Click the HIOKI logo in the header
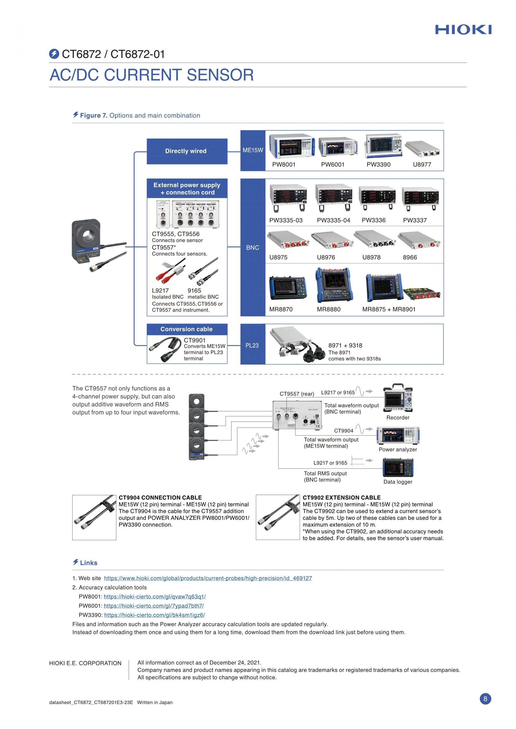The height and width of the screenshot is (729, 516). [463, 30]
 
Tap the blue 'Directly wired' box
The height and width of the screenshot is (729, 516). [187, 151]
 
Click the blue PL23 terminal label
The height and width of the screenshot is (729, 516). [253, 346]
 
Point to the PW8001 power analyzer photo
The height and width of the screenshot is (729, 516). [292, 146]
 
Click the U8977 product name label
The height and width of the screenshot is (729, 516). [422, 165]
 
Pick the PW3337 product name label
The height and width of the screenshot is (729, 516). [415, 220]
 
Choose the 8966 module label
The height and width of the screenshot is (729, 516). [410, 257]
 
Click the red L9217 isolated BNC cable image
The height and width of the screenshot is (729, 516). [170, 271]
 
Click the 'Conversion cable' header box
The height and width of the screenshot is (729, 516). [187, 329]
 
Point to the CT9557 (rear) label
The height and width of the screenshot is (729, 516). [297, 394]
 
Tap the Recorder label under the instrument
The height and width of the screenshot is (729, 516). [398, 418]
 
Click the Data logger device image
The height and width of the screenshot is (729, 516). [398, 468]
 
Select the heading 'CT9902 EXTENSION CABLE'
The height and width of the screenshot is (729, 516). [342, 498]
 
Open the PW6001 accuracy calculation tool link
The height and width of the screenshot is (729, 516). [154, 606]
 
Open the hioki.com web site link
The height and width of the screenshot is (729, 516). [208, 578]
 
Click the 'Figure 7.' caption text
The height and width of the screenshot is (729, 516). [94, 115]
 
